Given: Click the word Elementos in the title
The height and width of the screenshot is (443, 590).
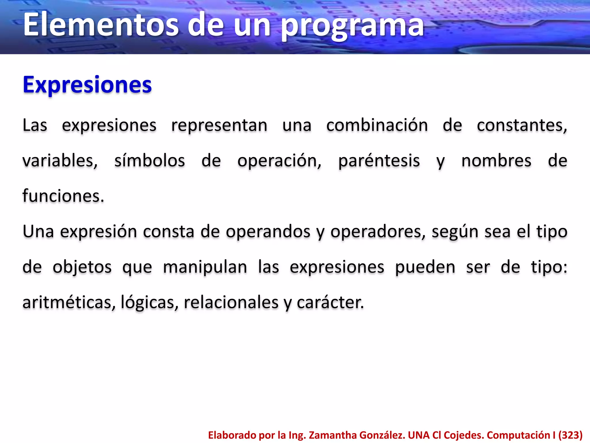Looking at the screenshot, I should coord(101,25).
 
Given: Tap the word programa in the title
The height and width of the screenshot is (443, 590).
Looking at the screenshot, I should coord(352,27).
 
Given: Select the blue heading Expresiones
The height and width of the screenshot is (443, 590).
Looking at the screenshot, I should coord(87,85).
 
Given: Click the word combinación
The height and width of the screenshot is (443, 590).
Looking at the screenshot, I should coord(377,125).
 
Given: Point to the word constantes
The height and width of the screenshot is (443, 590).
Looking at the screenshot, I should coord(522,125).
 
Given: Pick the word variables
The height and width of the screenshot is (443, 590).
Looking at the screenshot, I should coord(60,161).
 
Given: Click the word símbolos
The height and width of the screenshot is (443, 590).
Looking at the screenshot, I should coord(150,161).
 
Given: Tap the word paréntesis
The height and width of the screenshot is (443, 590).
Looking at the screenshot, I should coord(379,161).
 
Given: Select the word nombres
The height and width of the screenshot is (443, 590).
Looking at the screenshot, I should coord(496,161).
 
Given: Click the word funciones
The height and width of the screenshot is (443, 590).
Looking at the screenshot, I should coord(63,196).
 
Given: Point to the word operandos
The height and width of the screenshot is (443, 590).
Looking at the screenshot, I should coord(268,232).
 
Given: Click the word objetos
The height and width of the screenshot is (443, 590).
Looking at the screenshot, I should coord(82,267).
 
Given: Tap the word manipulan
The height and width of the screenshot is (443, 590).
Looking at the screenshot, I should coord(205,267).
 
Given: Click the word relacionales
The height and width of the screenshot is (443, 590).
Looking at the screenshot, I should coord(231,303).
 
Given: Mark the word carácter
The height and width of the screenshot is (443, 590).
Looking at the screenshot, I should coord(330,303).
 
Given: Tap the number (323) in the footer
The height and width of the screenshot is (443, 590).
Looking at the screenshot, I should coord(570,435).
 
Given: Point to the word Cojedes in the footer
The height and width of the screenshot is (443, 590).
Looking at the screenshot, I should coord(464,435).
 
